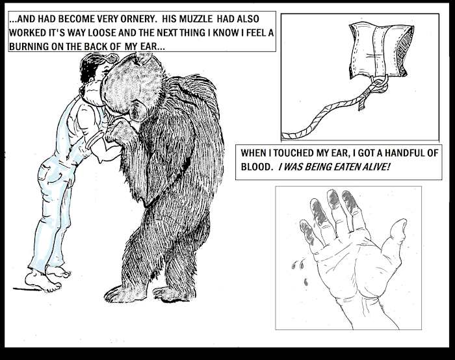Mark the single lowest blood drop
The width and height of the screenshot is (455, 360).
click(x=305, y=281)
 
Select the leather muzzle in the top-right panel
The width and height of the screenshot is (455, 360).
click(x=380, y=51)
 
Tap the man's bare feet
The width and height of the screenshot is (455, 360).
click(x=47, y=279)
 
